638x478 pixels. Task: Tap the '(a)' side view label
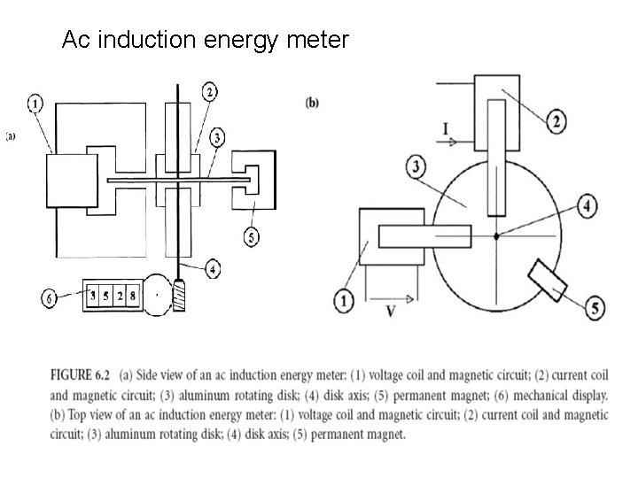12,135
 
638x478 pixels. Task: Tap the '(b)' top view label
312,102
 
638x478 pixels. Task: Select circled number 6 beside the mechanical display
51,298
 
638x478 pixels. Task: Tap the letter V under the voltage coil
390,312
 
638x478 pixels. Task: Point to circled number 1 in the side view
34,104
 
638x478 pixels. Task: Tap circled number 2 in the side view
210,91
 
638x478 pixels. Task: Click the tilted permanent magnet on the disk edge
547,280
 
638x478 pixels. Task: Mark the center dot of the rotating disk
496,235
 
